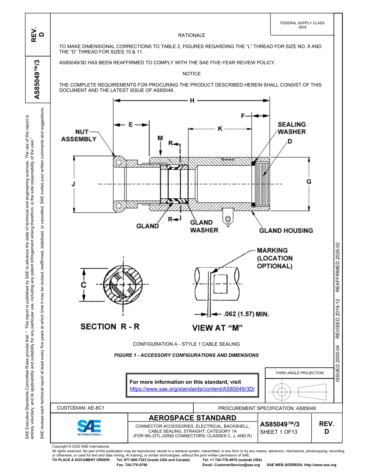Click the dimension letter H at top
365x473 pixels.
pyautogui.click(x=192, y=101)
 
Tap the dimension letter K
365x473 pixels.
pyautogui.click(x=220, y=129)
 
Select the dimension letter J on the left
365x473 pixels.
pyautogui.click(x=73, y=184)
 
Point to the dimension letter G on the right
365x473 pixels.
pyautogui.click(x=309, y=182)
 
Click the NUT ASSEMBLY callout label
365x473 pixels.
pyautogui.click(x=79, y=135)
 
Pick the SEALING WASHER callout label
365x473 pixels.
pyautogui.click(x=292, y=128)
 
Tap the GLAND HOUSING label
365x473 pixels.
pyautogui.click(x=286, y=231)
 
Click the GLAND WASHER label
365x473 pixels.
pyautogui.click(x=204, y=226)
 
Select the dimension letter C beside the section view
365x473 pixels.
pyautogui.click(x=83, y=285)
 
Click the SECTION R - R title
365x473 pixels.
pyautogui.click(x=110, y=327)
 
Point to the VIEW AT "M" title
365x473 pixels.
pyautogui.click(x=217, y=328)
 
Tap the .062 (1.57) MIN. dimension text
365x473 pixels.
pyautogui.click(x=246, y=314)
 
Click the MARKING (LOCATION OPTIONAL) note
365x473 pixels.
pyautogui.click(x=274, y=258)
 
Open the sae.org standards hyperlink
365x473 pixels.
pyautogui.click(x=192, y=389)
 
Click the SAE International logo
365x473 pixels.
pyautogui.click(x=90, y=427)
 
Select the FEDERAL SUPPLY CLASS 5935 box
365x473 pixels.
pyautogui.click(x=302, y=25)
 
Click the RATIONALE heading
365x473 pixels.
pyautogui.click(x=191, y=35)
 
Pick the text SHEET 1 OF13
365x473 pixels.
pyautogui.click(x=279, y=432)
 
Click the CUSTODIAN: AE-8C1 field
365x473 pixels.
pyautogui.click(x=81, y=408)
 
